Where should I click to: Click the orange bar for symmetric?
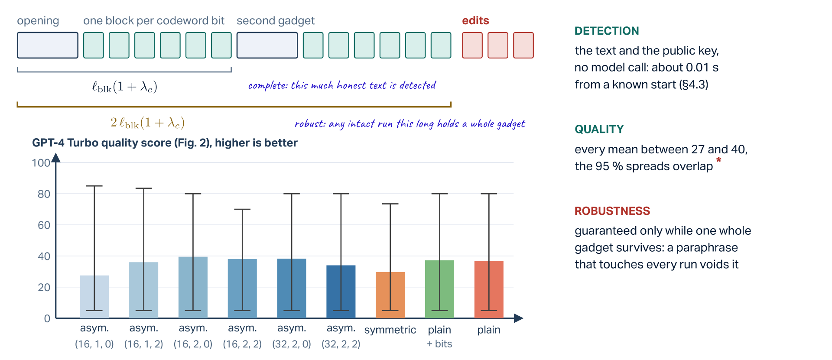(390, 295)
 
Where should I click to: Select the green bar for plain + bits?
(439, 289)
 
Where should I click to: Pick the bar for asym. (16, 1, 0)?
(94, 297)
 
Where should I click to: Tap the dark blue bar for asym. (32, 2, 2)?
(341, 292)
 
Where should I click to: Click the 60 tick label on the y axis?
(44, 225)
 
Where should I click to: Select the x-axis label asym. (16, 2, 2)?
(242, 336)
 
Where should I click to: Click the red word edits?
(475, 20)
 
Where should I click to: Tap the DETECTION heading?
(607, 31)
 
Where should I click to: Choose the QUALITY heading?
(599, 129)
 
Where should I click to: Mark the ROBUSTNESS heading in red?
(612, 211)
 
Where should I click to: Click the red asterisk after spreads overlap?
(719, 160)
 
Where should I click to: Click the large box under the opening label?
(48, 45)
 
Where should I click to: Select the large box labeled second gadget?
(267, 45)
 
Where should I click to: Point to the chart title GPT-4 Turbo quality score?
(165, 143)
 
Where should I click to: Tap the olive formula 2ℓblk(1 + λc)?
(147, 123)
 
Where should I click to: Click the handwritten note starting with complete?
(342, 85)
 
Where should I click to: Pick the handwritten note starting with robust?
(409, 124)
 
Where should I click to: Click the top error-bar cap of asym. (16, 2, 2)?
(242, 209)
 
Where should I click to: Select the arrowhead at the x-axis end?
(519, 318)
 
